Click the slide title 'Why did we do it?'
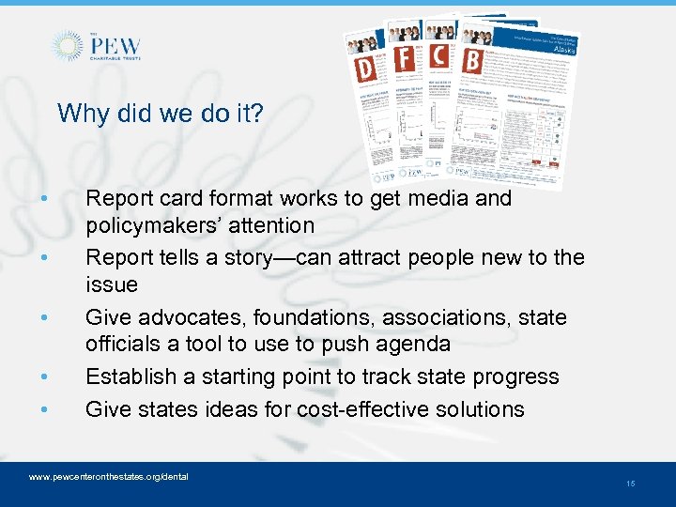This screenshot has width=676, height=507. click(161, 114)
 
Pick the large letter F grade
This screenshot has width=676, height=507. click(404, 58)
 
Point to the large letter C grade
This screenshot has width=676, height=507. click(438, 54)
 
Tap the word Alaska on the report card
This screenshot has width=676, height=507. click(561, 49)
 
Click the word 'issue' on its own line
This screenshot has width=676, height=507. click(111, 284)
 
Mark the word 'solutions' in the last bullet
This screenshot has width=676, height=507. click(482, 409)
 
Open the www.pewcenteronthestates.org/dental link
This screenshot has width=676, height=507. click(109, 477)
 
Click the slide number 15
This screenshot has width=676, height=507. click(630, 484)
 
